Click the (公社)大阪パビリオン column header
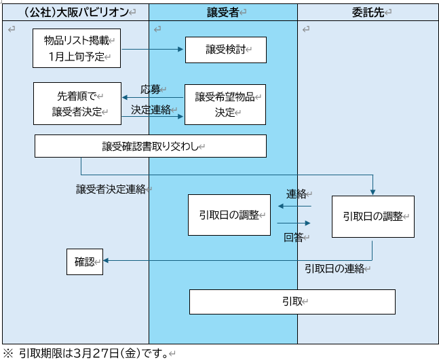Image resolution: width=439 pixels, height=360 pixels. [x=75, y=12]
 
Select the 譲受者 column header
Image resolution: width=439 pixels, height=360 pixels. [x=223, y=12]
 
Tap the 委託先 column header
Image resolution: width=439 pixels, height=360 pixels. [x=368, y=12]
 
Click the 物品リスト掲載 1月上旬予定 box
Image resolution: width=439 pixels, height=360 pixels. [x=77, y=49]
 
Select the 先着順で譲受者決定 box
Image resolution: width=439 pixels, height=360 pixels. [x=77, y=103]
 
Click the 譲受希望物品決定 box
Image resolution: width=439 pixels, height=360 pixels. [x=225, y=104]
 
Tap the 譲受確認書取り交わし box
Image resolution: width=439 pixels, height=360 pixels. [x=150, y=145]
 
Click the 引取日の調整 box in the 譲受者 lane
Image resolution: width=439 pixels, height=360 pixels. [x=229, y=215]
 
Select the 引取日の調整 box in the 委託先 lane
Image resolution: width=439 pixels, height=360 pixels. [x=373, y=217]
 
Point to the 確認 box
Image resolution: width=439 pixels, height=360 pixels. [x=85, y=262]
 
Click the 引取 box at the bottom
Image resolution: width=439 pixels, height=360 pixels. [x=292, y=301]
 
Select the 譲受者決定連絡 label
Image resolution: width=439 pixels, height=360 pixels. [x=111, y=190]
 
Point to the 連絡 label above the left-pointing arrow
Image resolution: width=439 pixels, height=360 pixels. [x=297, y=194]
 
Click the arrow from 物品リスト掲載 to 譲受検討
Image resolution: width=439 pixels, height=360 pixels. [x=153, y=50]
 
